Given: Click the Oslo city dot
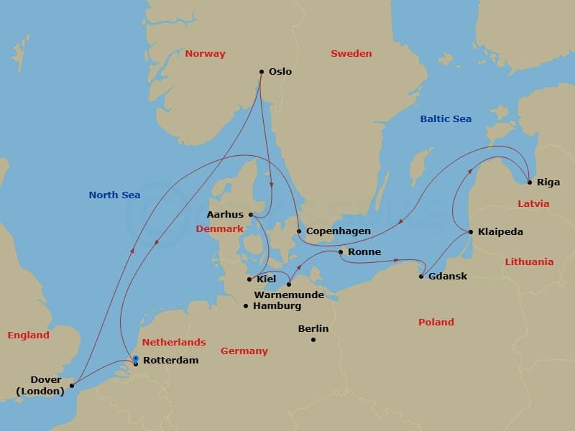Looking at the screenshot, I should point(262,72).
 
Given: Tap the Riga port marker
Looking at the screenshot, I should point(529,182).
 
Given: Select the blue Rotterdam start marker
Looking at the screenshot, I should point(135,358).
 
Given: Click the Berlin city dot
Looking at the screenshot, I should point(313,339).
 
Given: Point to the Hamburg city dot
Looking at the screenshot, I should point(246,306).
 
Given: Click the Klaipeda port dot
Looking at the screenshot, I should point(470,232).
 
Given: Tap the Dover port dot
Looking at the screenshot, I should point(72,385).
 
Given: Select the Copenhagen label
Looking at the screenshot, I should point(339,231).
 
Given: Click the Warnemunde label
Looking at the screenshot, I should point(288,295).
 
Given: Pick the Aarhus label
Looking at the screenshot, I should point(226,214).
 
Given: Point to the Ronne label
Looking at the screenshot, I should point(364,252).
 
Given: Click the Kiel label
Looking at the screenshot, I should point(266,279).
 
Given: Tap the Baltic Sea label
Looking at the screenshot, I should point(446,119).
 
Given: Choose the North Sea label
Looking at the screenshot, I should point(114,195).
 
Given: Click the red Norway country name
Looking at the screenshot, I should point(205,54).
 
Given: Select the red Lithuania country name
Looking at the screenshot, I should point(529,262).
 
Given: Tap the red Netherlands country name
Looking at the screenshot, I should point(174,343).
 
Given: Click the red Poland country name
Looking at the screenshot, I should point(436,323).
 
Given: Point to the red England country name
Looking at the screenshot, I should point(29,335).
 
